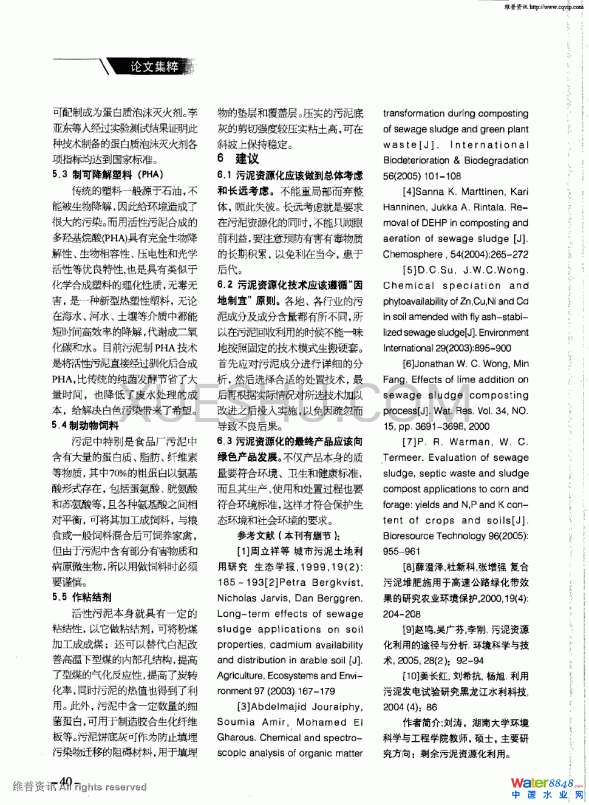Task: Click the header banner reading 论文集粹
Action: pos(155,67)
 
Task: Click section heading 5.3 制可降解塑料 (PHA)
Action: pos(107,174)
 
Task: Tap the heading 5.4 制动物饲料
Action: pos(85,426)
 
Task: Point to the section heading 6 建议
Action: pos(238,159)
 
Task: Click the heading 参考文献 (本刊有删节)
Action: pos(288,535)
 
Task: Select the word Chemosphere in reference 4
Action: pos(413,254)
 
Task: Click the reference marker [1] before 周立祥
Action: pos(243,551)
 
